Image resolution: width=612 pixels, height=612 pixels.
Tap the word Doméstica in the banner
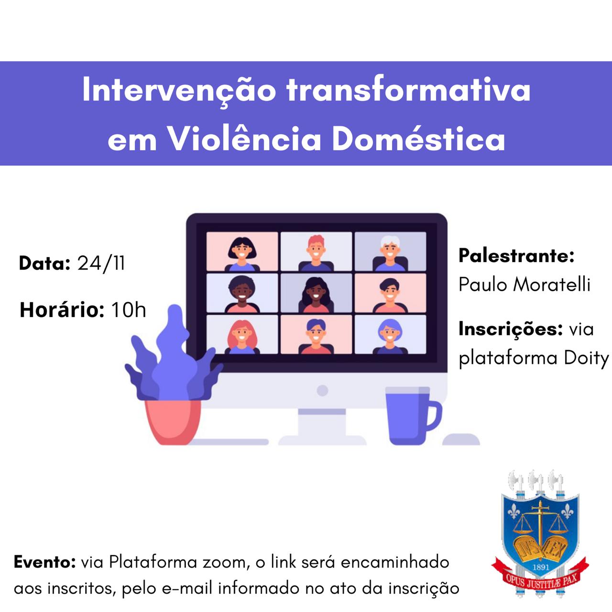coord(418,139)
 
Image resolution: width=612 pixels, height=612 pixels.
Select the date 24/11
coord(101,263)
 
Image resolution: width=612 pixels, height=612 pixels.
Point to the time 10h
coord(129,310)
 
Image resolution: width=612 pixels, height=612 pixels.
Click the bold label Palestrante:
coord(517,255)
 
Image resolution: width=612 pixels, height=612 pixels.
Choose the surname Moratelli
coord(552,284)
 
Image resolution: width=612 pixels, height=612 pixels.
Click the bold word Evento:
coord(45,562)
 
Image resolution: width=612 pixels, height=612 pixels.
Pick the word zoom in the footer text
coord(226,563)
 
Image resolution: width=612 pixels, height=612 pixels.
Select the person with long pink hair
coord(242,337)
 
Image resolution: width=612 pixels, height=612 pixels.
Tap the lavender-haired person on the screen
coord(390,336)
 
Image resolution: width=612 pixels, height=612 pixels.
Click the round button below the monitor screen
coord(322,390)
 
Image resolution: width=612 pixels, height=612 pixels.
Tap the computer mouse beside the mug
coord(461,439)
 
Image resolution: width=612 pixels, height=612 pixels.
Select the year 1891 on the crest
coord(541,567)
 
